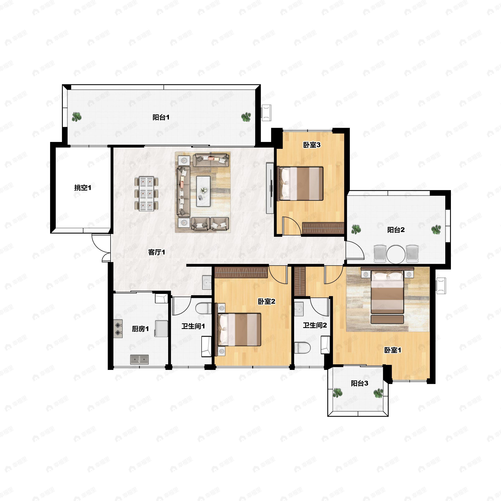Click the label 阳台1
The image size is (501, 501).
point(161,118)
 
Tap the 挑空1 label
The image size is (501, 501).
point(83,187)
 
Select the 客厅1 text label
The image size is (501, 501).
point(157,252)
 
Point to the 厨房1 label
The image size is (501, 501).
point(140,329)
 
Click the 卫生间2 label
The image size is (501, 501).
point(315,325)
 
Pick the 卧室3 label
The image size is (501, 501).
point(312,145)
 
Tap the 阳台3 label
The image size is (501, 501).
point(359,383)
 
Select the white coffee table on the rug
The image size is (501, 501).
point(203,191)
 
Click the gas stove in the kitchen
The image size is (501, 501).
point(118,329)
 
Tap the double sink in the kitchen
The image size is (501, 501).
point(139,360)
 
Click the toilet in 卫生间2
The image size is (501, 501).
point(302,348)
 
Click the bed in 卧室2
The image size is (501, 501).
point(238,329)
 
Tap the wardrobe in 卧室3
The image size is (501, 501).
point(323,228)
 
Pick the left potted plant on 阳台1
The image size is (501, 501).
point(76,117)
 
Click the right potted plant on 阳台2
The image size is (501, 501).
point(436,229)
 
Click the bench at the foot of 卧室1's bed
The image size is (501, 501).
point(387,319)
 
